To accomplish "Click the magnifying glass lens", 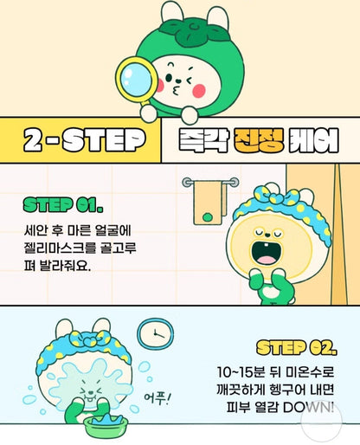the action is click(x=136, y=80).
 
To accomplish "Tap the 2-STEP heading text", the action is click(x=84, y=140).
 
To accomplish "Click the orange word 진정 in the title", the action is click(x=259, y=140).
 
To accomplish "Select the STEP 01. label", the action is click(x=63, y=205).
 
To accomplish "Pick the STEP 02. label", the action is click(x=297, y=347).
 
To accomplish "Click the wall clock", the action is click(x=155, y=334).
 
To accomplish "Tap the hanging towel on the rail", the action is click(x=209, y=203).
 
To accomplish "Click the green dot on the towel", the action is click(x=207, y=217).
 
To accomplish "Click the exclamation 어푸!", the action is click(x=157, y=398).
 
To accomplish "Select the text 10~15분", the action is click(x=241, y=372).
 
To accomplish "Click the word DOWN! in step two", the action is click(x=308, y=408).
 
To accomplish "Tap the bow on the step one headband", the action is click(x=275, y=196).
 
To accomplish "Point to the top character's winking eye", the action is click(x=190, y=81).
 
